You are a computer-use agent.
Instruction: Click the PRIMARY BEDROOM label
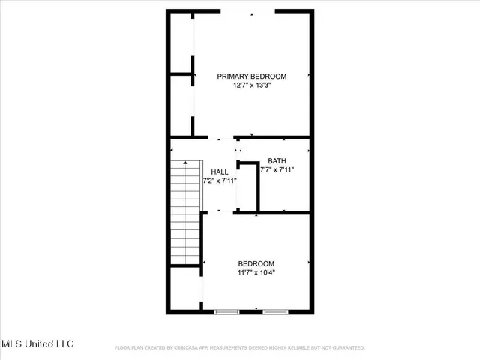(252, 76)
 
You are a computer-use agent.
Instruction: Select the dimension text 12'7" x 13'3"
(252, 85)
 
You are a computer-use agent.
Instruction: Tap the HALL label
(220, 172)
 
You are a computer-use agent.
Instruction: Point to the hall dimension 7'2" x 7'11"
(220, 181)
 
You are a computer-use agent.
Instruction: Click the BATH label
(277, 160)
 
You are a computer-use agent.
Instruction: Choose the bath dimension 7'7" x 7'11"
(277, 170)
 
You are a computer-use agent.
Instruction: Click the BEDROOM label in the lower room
(256, 263)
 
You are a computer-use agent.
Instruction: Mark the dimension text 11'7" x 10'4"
(256, 273)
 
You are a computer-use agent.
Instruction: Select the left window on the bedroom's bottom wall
(226, 310)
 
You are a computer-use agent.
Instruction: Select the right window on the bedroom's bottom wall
(275, 310)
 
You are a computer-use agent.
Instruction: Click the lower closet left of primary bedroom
(181, 105)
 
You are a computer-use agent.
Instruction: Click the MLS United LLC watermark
(37, 343)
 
